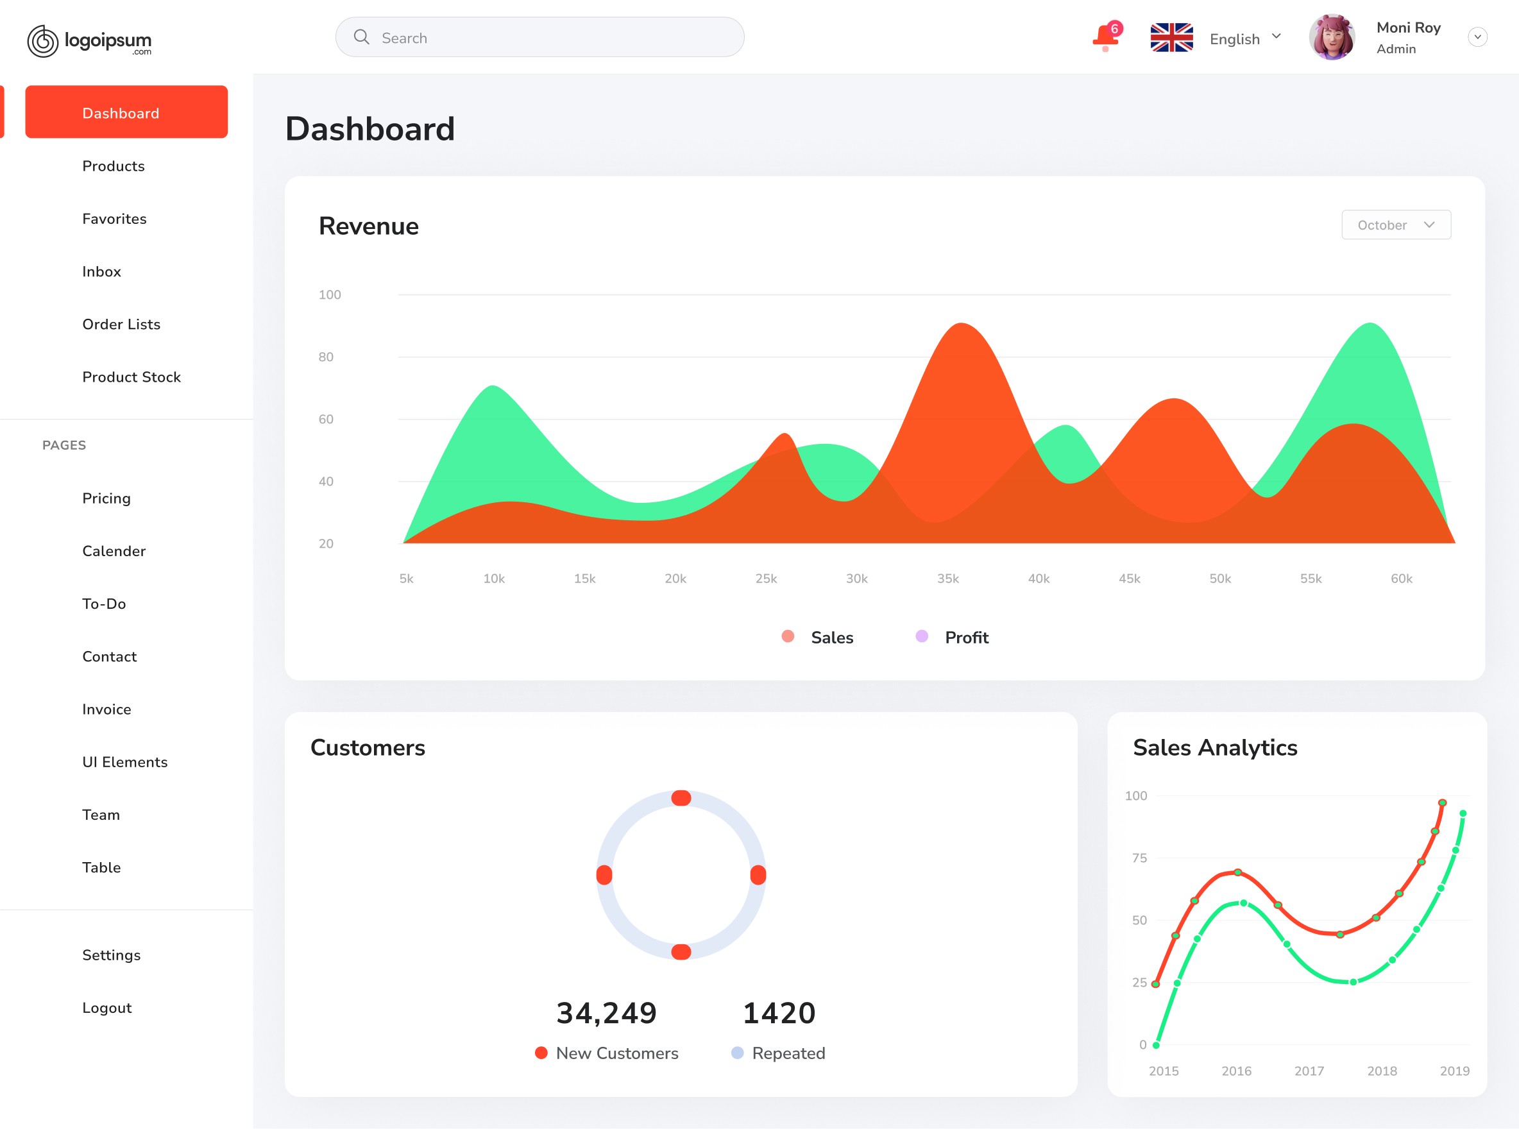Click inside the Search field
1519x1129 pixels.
tap(540, 38)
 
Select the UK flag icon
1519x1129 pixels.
tap(1171, 38)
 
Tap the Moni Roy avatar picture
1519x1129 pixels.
tap(1332, 37)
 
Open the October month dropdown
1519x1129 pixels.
tap(1396, 225)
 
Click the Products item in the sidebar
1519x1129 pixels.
tap(114, 166)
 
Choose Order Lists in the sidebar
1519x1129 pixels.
tap(122, 324)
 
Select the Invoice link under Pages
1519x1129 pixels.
tap(106, 709)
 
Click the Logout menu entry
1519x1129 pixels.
tap(107, 1008)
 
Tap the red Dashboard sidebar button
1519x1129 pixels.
tap(126, 112)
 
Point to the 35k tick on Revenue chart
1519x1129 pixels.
tap(947, 579)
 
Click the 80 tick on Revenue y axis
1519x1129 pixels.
tap(326, 357)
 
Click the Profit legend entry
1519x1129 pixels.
tap(953, 638)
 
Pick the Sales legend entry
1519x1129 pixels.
tap(818, 638)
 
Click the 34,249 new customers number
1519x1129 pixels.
tap(607, 1013)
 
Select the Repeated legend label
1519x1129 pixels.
tap(788, 1053)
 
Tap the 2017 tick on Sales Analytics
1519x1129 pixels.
tap(1309, 1071)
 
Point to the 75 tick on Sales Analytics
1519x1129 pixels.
tap(1140, 858)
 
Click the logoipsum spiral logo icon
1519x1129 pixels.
tap(43, 41)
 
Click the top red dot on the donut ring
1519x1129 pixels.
tap(681, 798)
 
